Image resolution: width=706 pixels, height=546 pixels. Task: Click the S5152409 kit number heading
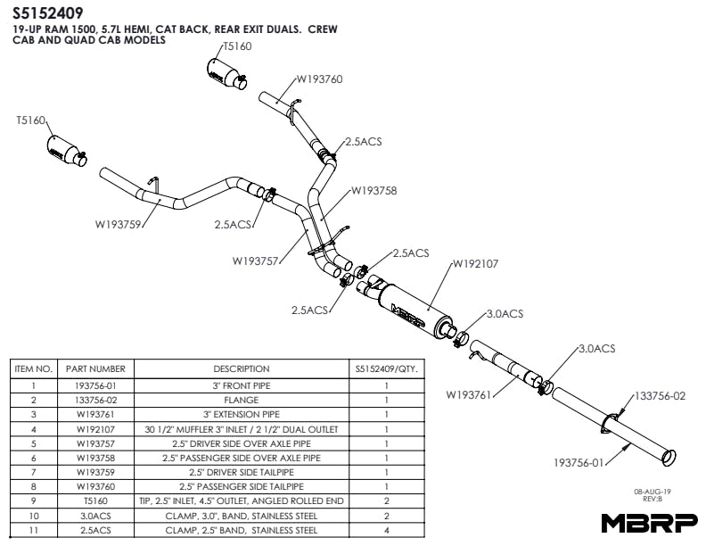pos(48,13)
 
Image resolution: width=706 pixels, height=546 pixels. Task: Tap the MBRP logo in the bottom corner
pos(649,523)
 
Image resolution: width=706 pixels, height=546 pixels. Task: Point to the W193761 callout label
pos(469,393)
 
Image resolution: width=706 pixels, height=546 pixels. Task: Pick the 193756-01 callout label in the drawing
pos(579,464)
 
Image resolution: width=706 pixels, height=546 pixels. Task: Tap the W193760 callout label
pos(318,79)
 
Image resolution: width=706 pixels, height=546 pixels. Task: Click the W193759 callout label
pos(119,224)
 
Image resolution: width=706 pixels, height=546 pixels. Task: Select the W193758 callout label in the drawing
pos(374,190)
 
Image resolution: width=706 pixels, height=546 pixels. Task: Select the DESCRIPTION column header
pos(241,368)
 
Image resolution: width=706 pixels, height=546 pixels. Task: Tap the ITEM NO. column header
pos(34,368)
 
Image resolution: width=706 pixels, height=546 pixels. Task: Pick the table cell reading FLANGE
pos(241,401)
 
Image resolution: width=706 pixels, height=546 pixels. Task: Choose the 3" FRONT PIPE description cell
pos(241,385)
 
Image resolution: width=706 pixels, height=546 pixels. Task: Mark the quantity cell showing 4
pos(386,530)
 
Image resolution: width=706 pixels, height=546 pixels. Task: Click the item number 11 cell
pos(34,530)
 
